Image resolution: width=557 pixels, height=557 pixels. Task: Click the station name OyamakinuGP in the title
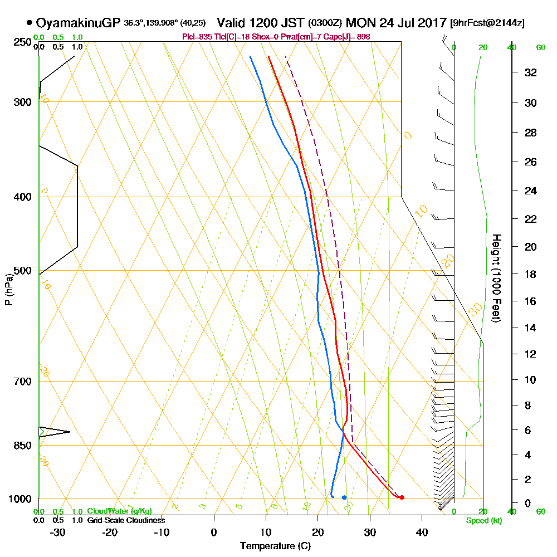77,23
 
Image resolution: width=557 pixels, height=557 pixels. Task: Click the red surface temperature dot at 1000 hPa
402,497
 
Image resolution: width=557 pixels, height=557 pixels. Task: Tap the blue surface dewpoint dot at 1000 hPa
344,497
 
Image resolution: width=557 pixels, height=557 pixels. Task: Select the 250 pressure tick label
20,42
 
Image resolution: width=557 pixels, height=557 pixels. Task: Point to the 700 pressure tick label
20,382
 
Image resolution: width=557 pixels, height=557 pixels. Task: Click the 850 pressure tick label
20,446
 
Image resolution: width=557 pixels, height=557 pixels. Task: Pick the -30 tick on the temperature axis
58,531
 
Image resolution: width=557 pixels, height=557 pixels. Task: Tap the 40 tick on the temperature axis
422,531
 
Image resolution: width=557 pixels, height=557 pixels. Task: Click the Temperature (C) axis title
275,546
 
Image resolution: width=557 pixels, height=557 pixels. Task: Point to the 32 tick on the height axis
531,72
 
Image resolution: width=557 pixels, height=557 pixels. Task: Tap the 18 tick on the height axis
531,274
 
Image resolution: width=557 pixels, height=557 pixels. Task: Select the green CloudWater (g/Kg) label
119,511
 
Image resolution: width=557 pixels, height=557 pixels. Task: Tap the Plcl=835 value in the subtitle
196,37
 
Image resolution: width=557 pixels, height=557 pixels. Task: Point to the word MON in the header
359,23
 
